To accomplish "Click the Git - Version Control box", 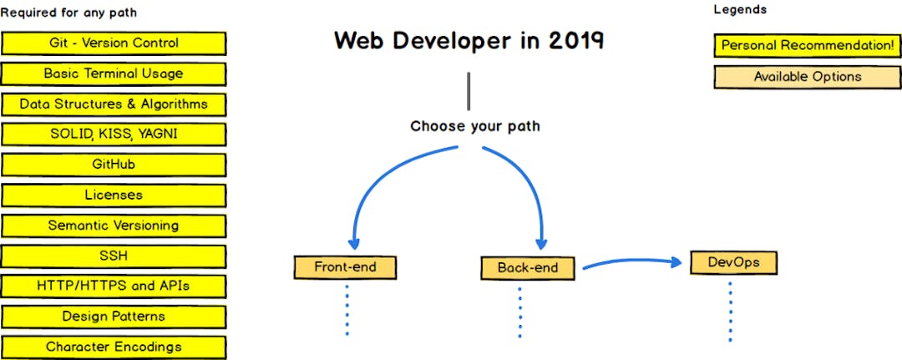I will click(114, 43).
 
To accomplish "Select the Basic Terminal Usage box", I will click(114, 74).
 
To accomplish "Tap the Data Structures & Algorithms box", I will click(114, 104).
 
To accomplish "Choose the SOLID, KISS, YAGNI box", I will click(114, 134).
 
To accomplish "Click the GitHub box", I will click(114, 165).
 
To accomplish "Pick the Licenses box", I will click(114, 195).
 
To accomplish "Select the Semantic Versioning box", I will click(114, 226).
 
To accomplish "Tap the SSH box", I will click(114, 256).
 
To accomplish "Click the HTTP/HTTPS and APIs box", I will click(114, 286).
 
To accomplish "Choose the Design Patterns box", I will click(114, 317).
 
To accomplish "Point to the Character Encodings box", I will click(114, 347).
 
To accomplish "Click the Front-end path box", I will click(345, 267).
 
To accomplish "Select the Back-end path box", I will click(529, 268).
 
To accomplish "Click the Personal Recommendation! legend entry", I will click(807, 45).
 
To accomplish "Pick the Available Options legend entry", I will click(807, 77).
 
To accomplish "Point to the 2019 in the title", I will click(576, 41).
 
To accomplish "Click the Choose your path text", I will click(474, 127).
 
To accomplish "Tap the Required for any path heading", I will click(68, 13).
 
